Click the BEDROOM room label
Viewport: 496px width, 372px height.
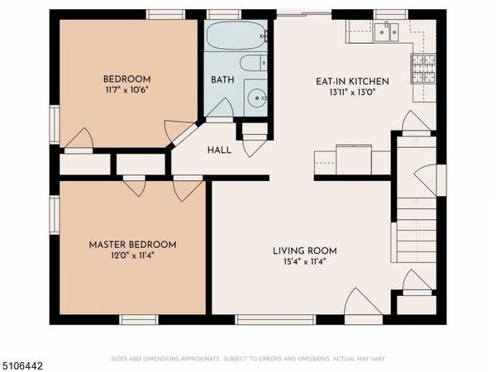pyautogui.click(x=127, y=79)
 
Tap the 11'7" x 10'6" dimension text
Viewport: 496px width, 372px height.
pyautogui.click(x=127, y=91)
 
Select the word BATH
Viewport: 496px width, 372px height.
pyautogui.click(x=222, y=81)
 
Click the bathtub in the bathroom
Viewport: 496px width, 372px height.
pyautogui.click(x=235, y=36)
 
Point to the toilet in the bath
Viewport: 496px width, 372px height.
pyautogui.click(x=251, y=64)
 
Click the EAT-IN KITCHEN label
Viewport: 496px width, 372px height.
pyautogui.click(x=352, y=81)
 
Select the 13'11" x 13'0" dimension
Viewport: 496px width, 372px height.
pyautogui.click(x=352, y=93)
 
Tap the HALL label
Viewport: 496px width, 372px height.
pyautogui.click(x=219, y=150)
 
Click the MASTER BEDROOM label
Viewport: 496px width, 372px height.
pyautogui.click(x=132, y=245)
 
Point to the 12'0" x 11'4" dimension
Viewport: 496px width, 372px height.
pyautogui.click(x=132, y=256)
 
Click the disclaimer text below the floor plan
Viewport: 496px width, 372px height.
pyautogui.click(x=248, y=359)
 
